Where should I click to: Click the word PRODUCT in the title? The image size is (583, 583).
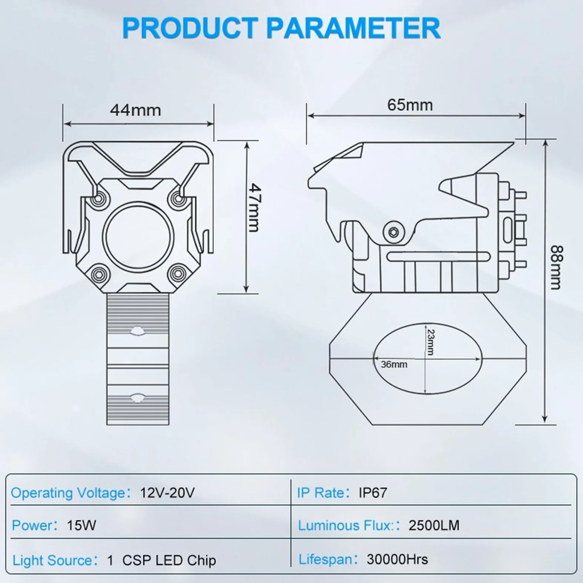coord(190,28)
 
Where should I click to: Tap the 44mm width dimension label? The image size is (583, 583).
coord(136,110)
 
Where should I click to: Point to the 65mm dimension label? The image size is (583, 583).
coord(410,105)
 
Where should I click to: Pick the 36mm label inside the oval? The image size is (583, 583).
coord(394,364)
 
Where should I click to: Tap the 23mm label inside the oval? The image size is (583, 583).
coord(430,342)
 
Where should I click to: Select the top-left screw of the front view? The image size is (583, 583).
coord(98,199)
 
